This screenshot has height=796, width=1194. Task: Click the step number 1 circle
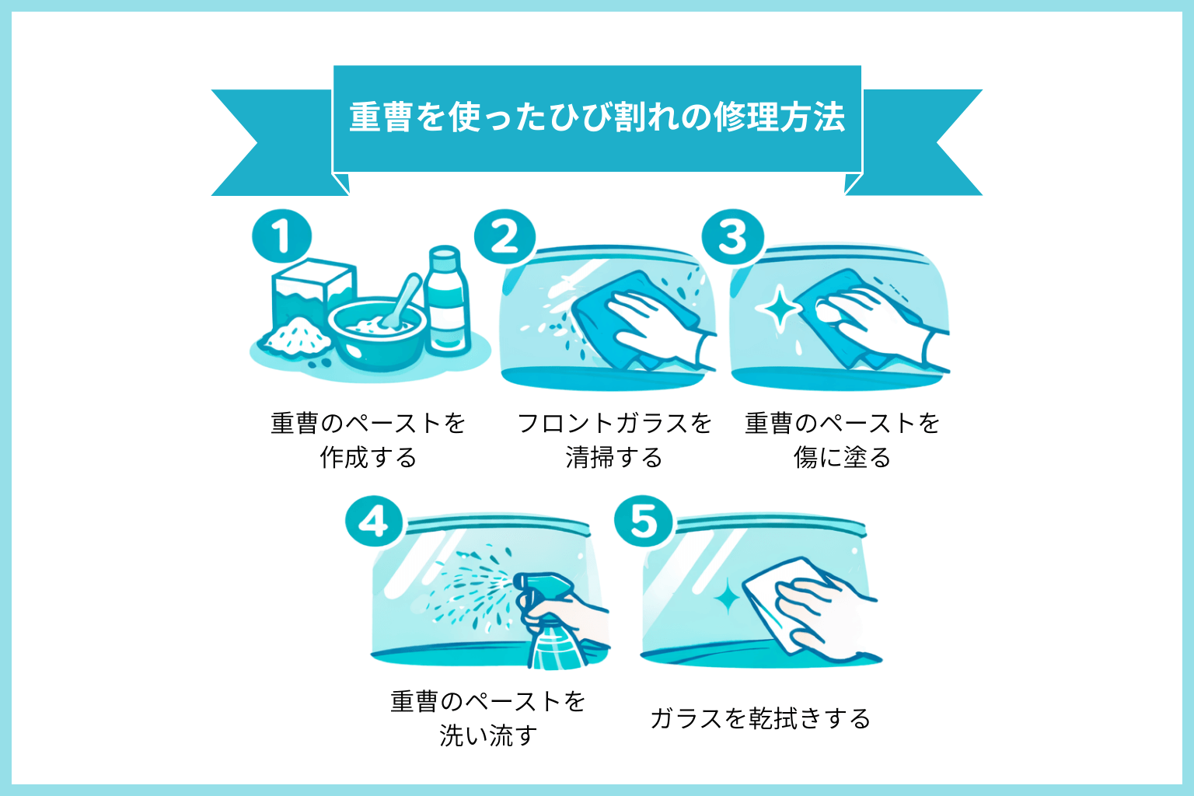pyautogui.click(x=281, y=237)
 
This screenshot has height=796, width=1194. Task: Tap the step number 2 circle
pyautogui.click(x=504, y=237)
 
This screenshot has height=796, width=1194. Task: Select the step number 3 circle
pyautogui.click(x=732, y=237)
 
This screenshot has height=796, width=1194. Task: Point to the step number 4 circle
pyautogui.click(x=374, y=522)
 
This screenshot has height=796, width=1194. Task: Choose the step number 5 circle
pyautogui.click(x=643, y=522)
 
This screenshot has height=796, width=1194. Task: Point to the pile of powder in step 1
pyautogui.click(x=295, y=338)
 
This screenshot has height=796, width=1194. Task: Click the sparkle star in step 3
pyautogui.click(x=779, y=309)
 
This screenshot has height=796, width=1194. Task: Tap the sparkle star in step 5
pyautogui.click(x=728, y=597)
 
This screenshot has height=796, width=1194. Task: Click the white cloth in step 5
pyautogui.click(x=777, y=602)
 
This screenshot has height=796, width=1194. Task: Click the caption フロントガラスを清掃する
pyautogui.click(x=614, y=440)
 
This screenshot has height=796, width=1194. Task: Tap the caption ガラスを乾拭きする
pyautogui.click(x=760, y=718)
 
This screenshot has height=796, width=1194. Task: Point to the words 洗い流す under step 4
pyautogui.click(x=487, y=735)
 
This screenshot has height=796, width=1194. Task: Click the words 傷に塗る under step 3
pyautogui.click(x=843, y=458)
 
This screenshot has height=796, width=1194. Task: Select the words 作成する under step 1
pyautogui.click(x=368, y=458)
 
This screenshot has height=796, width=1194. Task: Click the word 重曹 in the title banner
pyautogui.click(x=380, y=117)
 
